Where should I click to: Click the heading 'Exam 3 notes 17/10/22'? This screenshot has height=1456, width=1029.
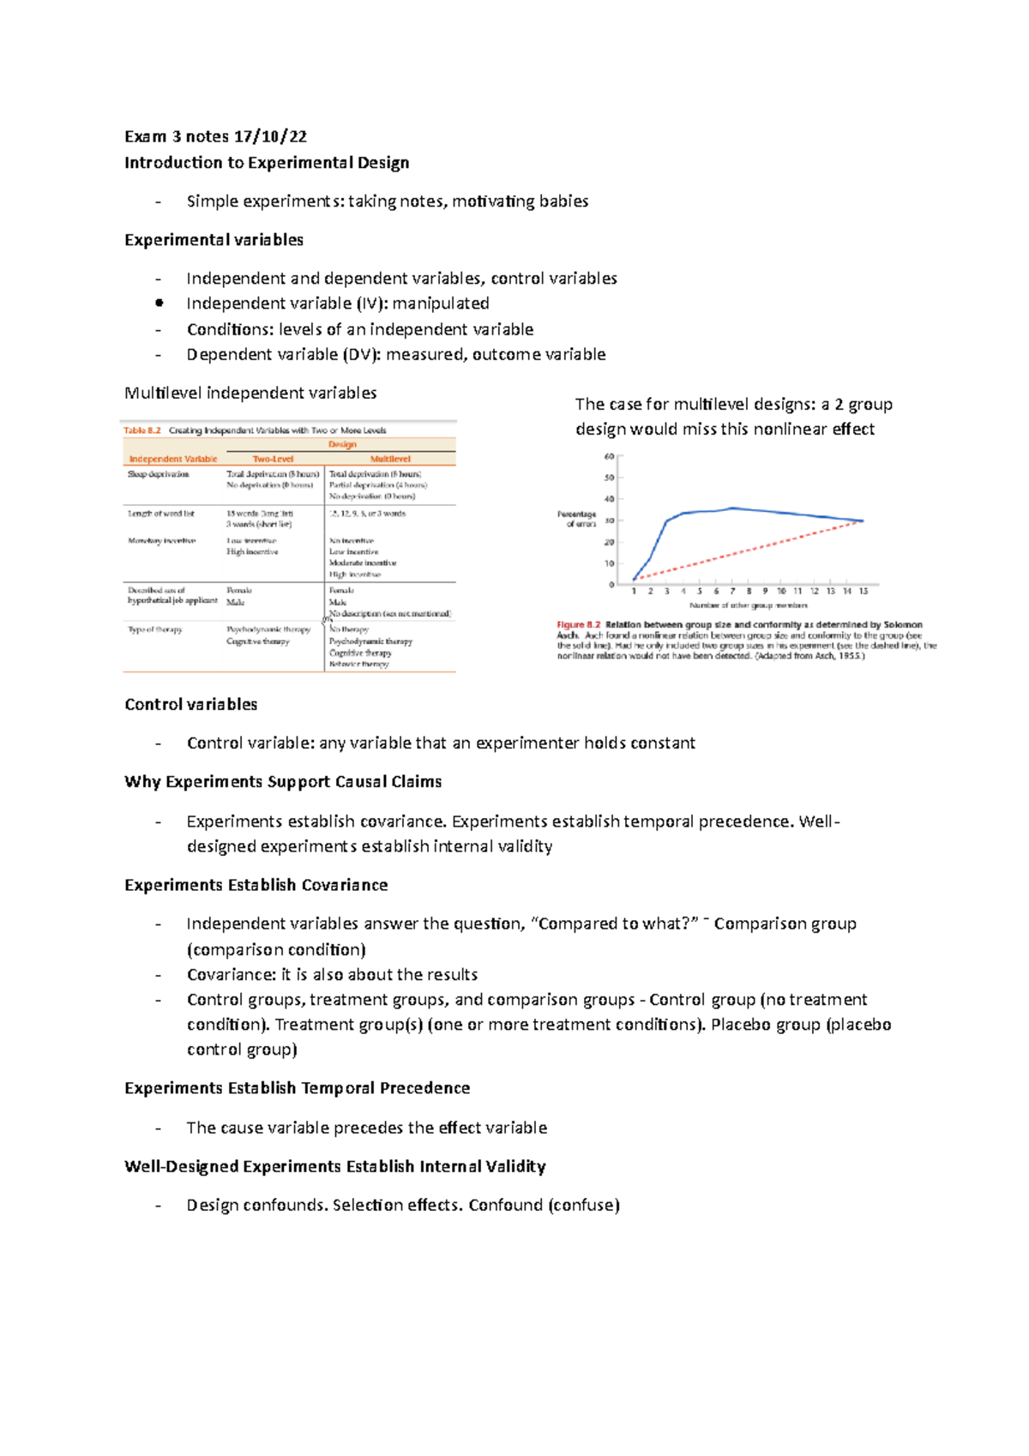(215, 136)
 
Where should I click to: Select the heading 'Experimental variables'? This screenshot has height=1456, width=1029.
(214, 240)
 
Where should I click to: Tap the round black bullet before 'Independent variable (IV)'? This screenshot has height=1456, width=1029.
(159, 303)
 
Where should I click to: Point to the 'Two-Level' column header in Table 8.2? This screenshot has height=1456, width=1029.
(273, 459)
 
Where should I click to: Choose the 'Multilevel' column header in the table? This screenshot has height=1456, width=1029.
(390, 459)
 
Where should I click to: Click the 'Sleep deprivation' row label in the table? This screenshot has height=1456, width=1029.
(159, 474)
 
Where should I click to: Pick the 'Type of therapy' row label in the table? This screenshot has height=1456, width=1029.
(155, 629)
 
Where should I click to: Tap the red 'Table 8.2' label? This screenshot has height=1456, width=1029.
(142, 430)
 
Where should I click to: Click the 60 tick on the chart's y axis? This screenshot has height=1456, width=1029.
(610, 457)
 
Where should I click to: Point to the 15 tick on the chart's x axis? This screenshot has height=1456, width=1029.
(864, 591)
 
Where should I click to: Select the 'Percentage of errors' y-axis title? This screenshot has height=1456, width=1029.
(576, 519)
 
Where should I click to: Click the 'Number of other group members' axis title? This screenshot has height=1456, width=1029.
(748, 605)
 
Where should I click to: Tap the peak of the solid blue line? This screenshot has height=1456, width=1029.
(733, 508)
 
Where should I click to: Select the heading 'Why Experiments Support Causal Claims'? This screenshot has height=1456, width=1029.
(283, 782)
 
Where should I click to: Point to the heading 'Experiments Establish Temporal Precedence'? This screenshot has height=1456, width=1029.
(297, 1088)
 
